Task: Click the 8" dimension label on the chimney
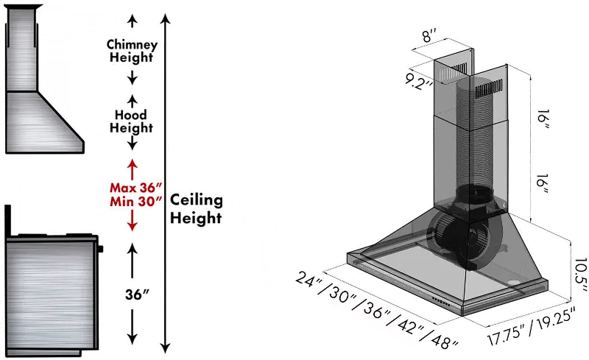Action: click(x=428, y=37)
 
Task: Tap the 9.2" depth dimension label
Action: click(x=419, y=82)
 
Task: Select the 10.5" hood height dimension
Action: click(x=579, y=275)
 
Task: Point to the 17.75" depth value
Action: click(x=506, y=334)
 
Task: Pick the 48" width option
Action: click(x=445, y=341)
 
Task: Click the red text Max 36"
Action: click(x=135, y=187)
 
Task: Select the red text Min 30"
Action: click(x=135, y=202)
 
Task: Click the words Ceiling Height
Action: click(x=196, y=209)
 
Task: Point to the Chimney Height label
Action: click(x=132, y=51)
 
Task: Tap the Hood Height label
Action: click(x=132, y=121)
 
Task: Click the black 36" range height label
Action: click(x=137, y=294)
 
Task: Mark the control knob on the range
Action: click(x=100, y=249)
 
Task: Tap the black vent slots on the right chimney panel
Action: click(x=489, y=91)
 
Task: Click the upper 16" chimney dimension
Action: click(x=543, y=120)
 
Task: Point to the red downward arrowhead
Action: click(x=132, y=226)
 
